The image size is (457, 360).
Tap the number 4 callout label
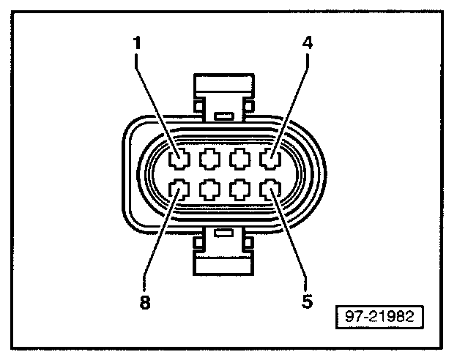coord(308,43)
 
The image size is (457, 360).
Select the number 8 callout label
coord(145,303)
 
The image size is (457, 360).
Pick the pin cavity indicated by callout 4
coord(270,159)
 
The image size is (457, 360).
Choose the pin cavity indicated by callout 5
coord(270,191)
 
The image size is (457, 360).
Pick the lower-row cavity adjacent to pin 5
coord(240,191)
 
